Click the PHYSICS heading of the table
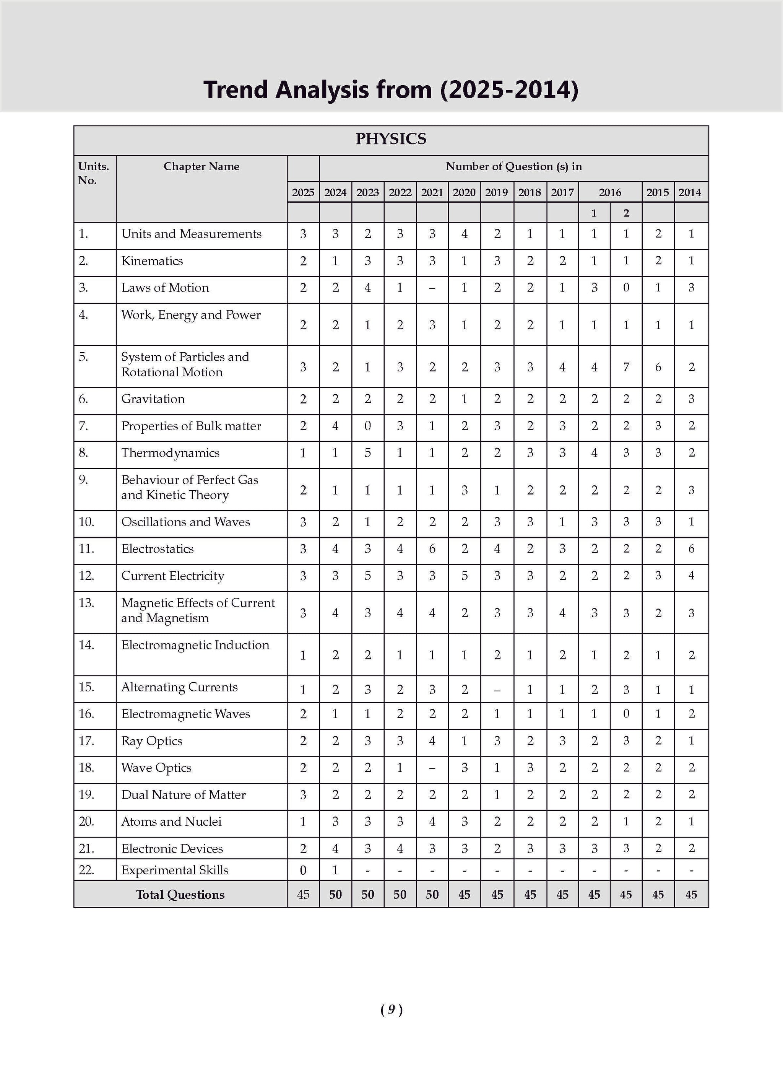coord(391,139)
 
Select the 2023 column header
coord(367,192)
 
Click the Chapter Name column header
coord(201,167)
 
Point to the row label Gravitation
coord(153,399)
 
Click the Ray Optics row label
coord(151,741)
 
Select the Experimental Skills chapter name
coord(174,870)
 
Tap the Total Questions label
coord(180,895)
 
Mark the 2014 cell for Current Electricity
coord(691,576)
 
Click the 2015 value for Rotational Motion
coord(658,367)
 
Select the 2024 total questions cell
coord(335,895)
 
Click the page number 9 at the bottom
coord(391,1010)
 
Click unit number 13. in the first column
coord(86,603)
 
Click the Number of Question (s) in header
coord(513,167)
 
